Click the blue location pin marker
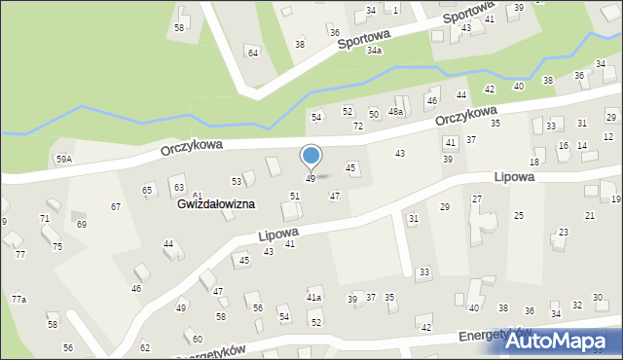[311, 156]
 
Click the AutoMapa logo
[565, 341]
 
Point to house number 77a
[18, 299]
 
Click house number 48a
[396, 113]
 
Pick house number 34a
[374, 50]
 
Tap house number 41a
[313, 297]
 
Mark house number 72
[358, 126]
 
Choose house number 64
[253, 53]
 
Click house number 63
[178, 186]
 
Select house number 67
[116, 206]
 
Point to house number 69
[82, 225]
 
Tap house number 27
[477, 198]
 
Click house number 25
[519, 215]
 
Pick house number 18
[534, 162]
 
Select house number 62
[145, 347]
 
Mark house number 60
[198, 339]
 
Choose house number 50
[374, 115]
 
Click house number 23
[564, 233]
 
